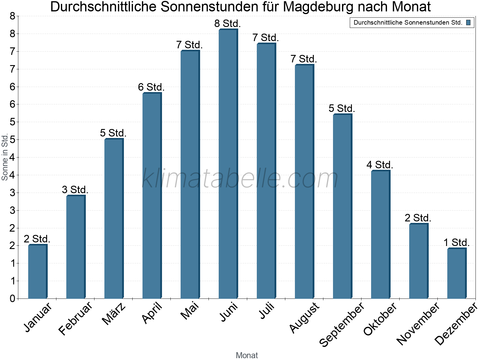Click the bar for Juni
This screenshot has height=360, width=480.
[228, 164]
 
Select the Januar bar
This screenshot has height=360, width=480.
[37, 272]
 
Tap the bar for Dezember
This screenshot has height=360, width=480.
[457, 273]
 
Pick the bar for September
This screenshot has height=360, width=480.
[342, 206]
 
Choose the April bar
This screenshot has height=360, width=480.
[152, 196]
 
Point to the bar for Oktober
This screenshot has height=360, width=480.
[380, 235]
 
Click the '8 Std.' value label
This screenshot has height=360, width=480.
[227, 23]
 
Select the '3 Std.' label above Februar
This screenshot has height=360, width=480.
[75, 190]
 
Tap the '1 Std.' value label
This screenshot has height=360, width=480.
[456, 242]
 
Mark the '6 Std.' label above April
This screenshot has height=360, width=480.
[151, 87]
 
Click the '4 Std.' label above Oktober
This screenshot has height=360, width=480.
[380, 165]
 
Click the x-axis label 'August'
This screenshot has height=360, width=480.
[304, 317]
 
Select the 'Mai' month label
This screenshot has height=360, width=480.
[190, 311]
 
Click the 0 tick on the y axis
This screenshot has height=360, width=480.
[12, 298]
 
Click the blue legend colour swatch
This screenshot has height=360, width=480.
[468, 22]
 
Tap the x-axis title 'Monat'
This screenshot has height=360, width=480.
[247, 355]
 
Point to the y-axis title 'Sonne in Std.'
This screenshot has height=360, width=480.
[4, 157]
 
